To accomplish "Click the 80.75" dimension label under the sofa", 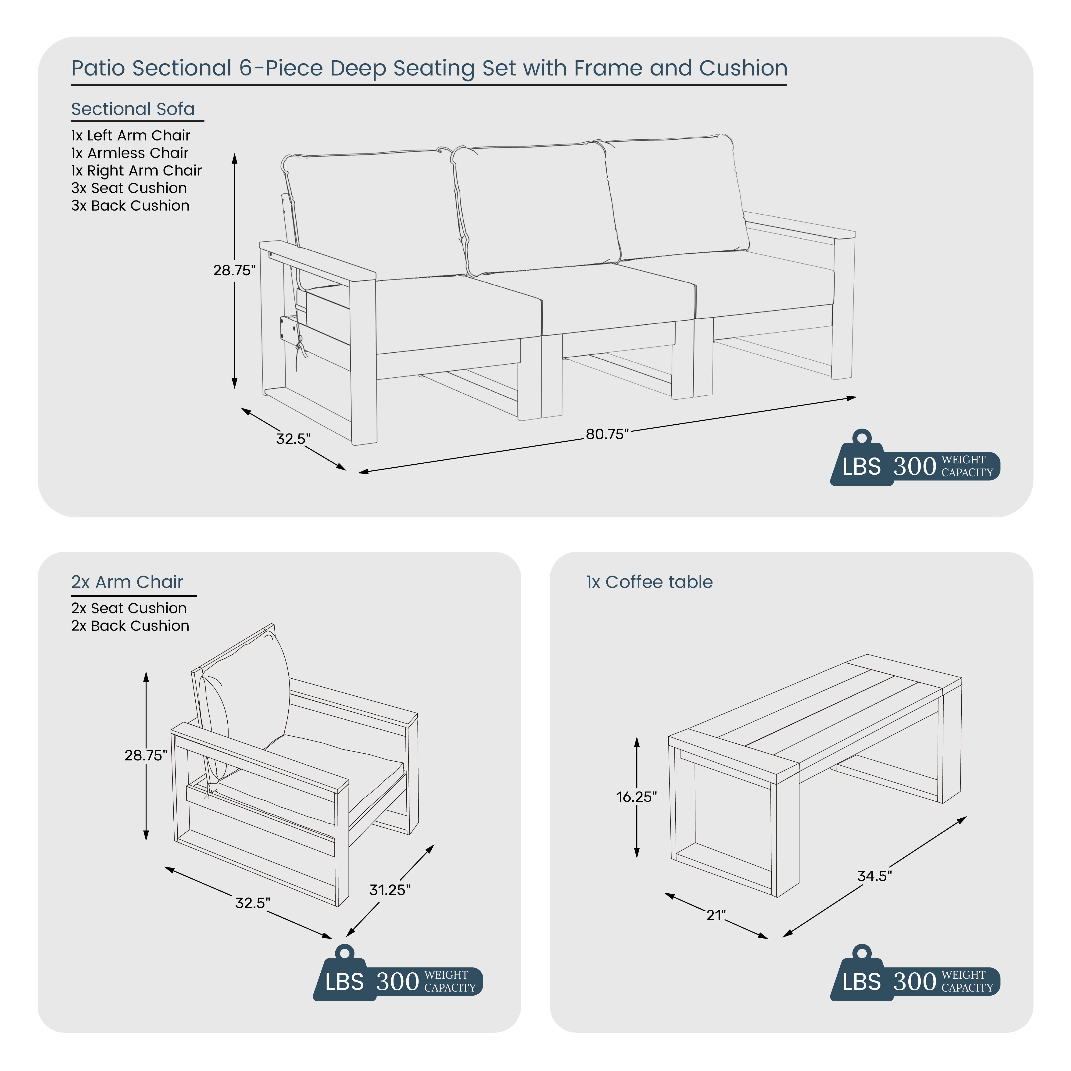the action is (x=608, y=434).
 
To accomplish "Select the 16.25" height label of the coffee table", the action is (x=636, y=797).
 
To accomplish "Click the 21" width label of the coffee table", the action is (x=716, y=915).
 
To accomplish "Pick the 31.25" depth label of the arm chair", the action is (x=390, y=890).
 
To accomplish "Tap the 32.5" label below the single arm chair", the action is (x=253, y=903).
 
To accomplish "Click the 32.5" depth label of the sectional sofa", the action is (x=293, y=438).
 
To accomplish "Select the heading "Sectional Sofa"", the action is (x=133, y=109).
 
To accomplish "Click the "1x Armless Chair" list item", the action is (x=130, y=153).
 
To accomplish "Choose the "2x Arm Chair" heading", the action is (x=127, y=582).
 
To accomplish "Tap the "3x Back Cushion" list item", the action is (x=130, y=206).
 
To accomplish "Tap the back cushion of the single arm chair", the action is (x=244, y=704).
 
